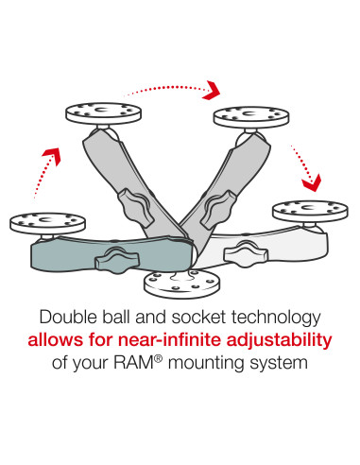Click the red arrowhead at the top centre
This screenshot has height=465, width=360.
pyautogui.click(x=213, y=91)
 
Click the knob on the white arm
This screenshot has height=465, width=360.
pyautogui.click(x=247, y=252)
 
